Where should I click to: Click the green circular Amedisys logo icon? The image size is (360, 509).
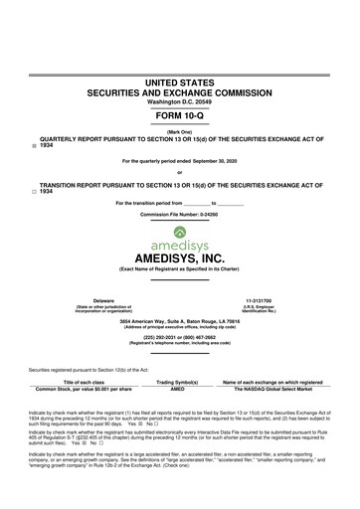179,231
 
